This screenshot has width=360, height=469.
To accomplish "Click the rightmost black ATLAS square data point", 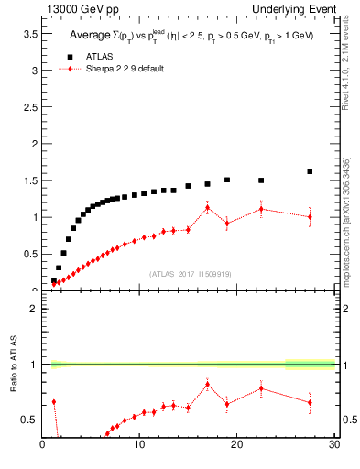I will point(310,171).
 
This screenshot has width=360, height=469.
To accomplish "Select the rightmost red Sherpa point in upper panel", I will point(310,217).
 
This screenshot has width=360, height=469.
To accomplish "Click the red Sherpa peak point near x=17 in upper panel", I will point(208,208).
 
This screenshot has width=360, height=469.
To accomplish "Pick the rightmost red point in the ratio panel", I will point(310,402).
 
